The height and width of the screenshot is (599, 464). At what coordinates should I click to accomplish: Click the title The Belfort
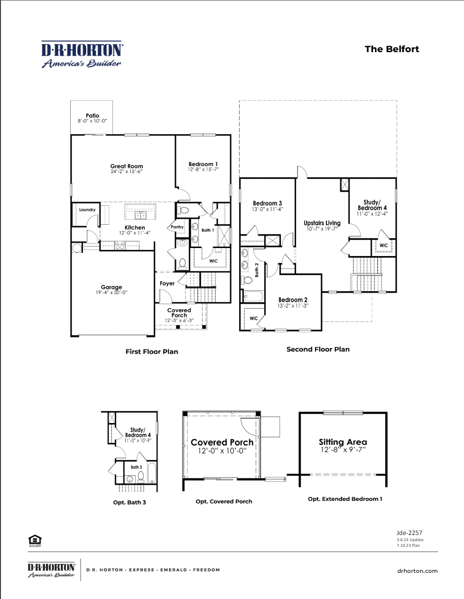point(391,49)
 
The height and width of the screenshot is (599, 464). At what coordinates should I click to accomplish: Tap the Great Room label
point(127,166)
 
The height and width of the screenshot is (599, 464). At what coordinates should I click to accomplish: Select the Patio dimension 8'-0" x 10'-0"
point(93,121)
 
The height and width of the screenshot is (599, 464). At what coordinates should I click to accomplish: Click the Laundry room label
point(87,210)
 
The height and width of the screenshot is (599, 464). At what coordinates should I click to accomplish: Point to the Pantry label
point(177,227)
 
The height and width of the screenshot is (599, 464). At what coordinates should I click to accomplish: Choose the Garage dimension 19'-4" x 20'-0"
point(111,293)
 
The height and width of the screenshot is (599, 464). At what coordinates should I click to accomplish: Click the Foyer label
point(167,283)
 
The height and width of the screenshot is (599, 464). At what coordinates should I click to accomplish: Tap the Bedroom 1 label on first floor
point(203,164)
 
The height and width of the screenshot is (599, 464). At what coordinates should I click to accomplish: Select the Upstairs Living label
point(322,223)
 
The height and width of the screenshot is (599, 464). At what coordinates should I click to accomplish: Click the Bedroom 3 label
point(267,203)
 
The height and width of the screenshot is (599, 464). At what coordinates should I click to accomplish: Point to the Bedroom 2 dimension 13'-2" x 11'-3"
point(293,306)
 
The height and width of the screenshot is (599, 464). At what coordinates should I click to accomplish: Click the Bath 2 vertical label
point(257,269)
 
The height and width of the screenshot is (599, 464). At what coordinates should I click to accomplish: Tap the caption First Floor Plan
point(152,351)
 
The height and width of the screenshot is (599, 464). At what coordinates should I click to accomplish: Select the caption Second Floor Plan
point(318,349)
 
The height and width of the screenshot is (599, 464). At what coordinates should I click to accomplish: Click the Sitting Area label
point(343,442)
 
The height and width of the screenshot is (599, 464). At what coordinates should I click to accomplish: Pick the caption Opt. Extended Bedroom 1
point(345,498)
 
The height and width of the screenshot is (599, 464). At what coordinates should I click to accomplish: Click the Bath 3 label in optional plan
point(136,467)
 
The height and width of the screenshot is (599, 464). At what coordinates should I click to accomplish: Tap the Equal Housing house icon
point(35,540)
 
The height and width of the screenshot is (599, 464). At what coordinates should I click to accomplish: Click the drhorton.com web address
point(417,571)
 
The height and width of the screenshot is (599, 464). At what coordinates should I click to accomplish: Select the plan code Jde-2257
point(409,533)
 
